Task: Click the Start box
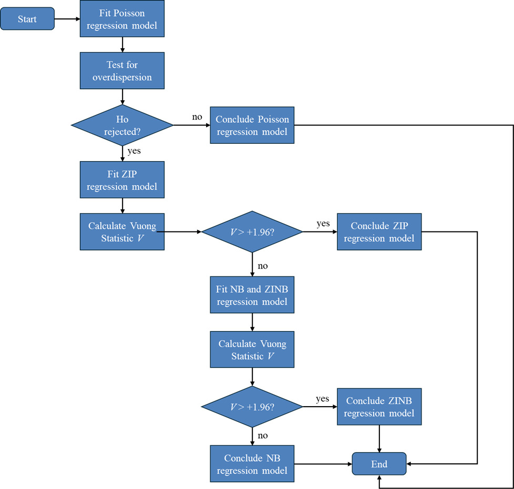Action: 27,19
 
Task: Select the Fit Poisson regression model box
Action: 122,19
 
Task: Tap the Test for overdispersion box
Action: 122,71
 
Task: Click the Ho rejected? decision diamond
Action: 122,125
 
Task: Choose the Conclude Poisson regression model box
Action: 252,125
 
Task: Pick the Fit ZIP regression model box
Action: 122,179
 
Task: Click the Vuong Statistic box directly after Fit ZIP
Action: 122,231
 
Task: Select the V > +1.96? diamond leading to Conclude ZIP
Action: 252,231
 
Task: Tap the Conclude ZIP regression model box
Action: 379,231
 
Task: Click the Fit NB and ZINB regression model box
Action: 252,295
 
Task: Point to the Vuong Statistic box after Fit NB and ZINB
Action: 252,349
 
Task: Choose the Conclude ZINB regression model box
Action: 379,407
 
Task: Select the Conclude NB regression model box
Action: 252,463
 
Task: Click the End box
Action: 379,464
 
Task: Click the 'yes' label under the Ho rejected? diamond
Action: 135,151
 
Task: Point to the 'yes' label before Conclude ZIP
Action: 323,224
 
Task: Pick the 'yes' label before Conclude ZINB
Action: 323,399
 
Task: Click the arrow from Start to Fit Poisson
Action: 67,19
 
